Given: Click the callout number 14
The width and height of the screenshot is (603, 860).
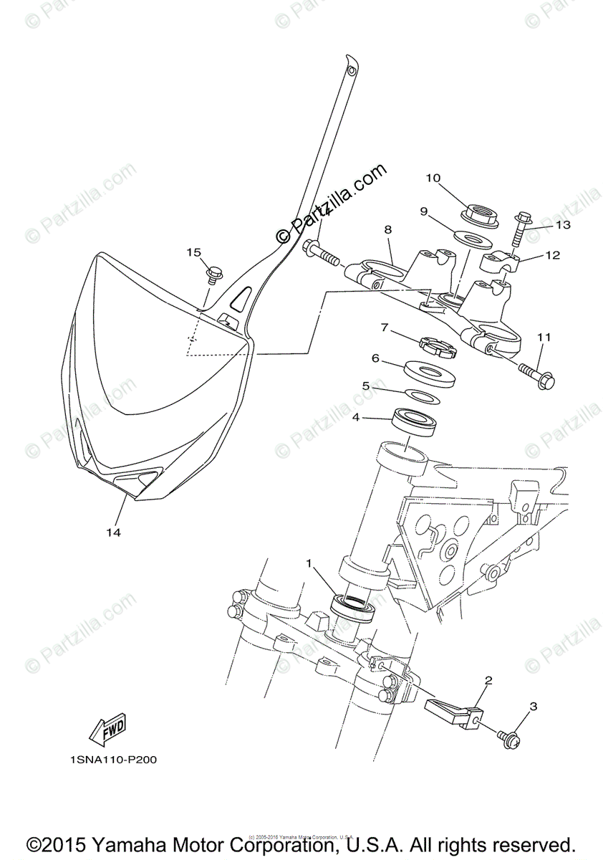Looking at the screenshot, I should (114, 532).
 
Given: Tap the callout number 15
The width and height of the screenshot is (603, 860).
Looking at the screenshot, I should (193, 252).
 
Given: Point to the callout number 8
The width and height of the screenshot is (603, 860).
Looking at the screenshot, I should (387, 230).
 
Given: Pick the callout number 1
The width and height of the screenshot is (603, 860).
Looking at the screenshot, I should (309, 564).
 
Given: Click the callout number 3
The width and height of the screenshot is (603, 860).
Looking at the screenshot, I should (533, 707).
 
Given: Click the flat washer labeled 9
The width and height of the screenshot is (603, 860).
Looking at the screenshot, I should (470, 238).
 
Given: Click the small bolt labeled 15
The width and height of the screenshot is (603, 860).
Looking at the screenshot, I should (213, 272).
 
